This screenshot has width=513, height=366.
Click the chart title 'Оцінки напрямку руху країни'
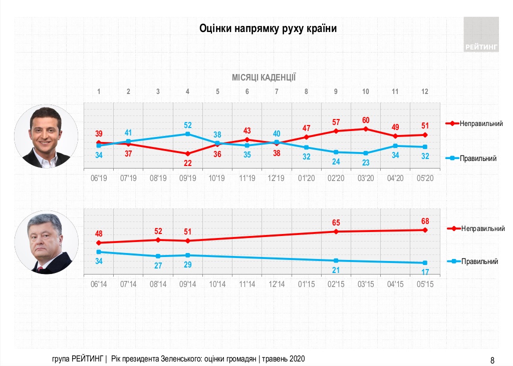[x=268, y=28]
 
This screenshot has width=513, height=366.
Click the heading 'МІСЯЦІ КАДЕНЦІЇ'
[x=264, y=77]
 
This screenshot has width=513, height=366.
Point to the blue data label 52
[x=188, y=124]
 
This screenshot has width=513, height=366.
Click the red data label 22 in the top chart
[x=188, y=163]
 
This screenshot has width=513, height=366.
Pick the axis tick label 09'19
[x=188, y=178]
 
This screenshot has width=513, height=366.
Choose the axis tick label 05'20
[x=425, y=178]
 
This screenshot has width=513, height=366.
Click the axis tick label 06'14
[x=99, y=284]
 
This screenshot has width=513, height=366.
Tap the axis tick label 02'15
[x=336, y=284]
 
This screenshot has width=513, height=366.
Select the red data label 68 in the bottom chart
[x=425, y=221]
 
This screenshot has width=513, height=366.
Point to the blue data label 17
[x=425, y=272]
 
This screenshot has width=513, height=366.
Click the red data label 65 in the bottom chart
[x=336, y=222]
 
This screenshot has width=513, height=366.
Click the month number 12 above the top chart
[x=425, y=91]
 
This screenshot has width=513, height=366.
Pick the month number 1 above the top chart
[x=99, y=91]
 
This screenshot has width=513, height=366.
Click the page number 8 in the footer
[x=492, y=359]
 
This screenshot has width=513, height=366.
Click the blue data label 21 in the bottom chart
[x=336, y=270]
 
